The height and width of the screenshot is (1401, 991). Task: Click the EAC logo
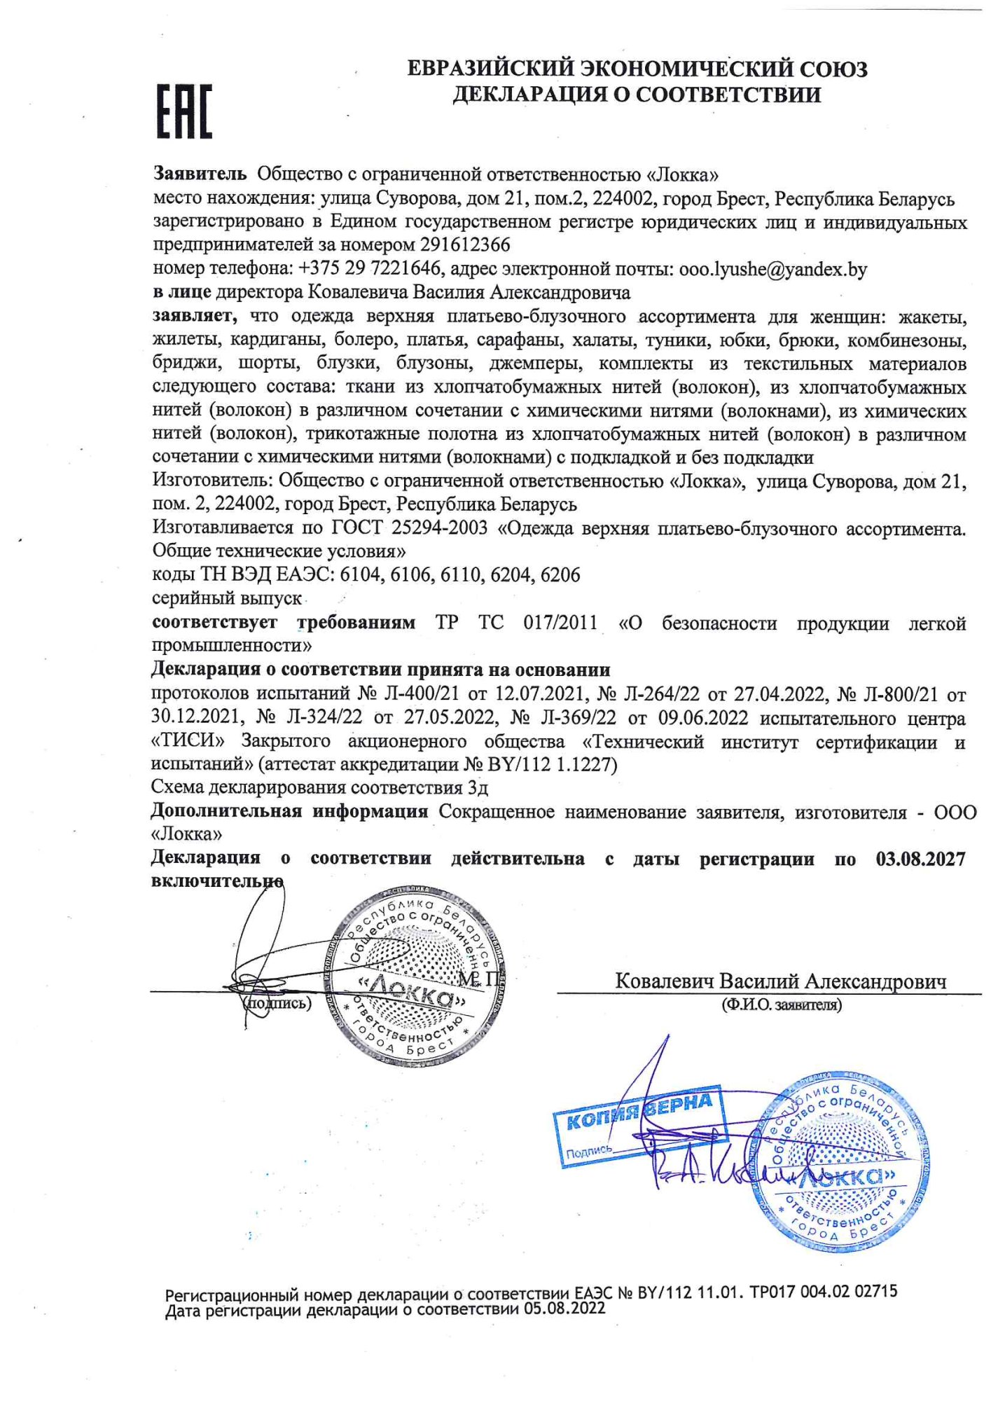click(x=183, y=111)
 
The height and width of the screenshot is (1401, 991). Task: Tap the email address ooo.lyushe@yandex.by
click(x=772, y=270)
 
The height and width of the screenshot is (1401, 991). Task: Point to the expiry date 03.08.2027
click(x=920, y=860)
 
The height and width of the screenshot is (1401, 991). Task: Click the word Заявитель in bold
click(x=200, y=174)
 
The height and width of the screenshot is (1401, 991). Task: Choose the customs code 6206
click(x=560, y=575)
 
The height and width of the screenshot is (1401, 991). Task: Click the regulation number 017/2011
click(x=560, y=623)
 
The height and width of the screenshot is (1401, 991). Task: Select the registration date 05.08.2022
click(x=564, y=1309)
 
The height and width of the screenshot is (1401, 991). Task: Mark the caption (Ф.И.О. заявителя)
click(x=782, y=1005)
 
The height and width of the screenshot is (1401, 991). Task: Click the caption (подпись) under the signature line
click(x=277, y=1003)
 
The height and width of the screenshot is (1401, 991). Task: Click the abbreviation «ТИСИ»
click(x=188, y=741)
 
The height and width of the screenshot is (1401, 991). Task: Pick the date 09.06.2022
click(x=702, y=719)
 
